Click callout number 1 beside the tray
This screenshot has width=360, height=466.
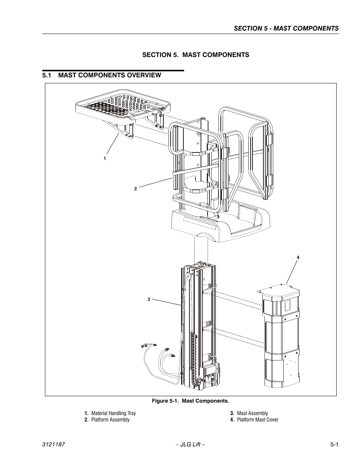tap(105, 158)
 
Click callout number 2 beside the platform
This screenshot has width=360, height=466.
tap(135, 189)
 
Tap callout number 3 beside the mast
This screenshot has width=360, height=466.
tap(149, 299)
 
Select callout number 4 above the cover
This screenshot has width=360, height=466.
tap(298, 257)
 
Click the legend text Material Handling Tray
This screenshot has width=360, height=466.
tap(113, 413)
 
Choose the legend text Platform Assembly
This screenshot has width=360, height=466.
tap(110, 420)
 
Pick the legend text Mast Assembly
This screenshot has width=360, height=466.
tap(252, 413)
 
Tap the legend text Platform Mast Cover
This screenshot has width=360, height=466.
tap(257, 420)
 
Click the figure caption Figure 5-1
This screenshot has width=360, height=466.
tap(190, 401)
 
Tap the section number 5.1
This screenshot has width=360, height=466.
tap(47, 75)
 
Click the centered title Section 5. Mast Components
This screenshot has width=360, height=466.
tap(195, 55)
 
